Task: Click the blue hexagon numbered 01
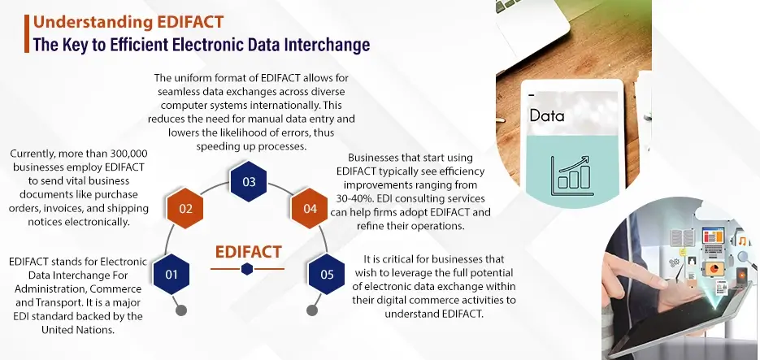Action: tap(172, 275)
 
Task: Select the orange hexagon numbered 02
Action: tap(185, 209)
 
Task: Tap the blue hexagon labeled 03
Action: tap(249, 181)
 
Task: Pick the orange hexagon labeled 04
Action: tap(310, 209)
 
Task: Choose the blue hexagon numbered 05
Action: tap(327, 275)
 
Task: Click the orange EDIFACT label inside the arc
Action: tap(249, 252)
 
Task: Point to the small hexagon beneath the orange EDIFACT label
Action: tap(248, 270)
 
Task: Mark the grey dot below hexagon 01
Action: tap(182, 310)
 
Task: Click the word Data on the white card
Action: tap(546, 116)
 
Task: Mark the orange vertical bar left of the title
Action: tap(25, 31)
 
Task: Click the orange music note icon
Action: tap(741, 241)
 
